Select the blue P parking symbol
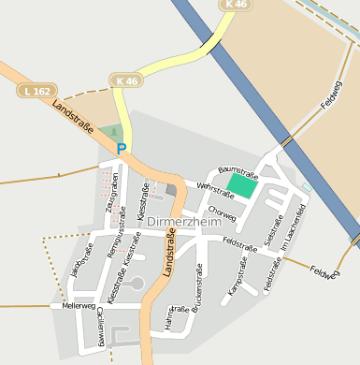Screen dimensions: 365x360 tap(121, 148)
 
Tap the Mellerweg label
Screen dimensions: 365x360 tap(78, 306)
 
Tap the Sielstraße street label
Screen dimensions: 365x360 tap(274, 228)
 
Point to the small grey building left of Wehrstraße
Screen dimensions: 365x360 tap(170, 190)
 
